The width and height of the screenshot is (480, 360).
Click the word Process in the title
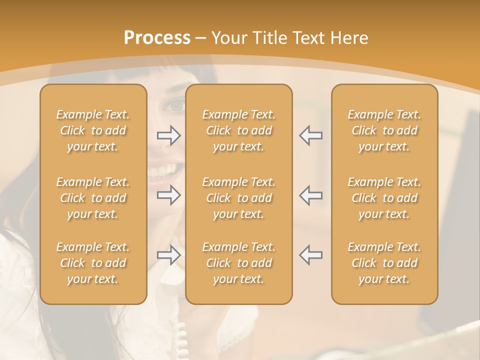[157, 38]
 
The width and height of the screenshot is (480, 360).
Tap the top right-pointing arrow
[169, 135]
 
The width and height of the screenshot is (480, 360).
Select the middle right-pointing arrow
[169, 195]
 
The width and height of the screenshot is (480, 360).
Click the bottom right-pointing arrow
[169, 255]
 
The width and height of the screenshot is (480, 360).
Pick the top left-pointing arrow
[310, 135]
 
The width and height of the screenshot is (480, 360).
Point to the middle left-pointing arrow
[310, 195]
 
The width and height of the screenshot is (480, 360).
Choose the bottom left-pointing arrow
[310, 255]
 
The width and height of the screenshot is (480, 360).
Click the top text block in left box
[93, 130]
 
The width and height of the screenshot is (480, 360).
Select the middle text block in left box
[93, 198]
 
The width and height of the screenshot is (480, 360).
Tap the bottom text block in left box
[93, 263]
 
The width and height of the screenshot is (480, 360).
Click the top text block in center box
[238, 130]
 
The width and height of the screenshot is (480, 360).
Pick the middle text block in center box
[238, 198]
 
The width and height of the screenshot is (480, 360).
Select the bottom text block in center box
[238, 263]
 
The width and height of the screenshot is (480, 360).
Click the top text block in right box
[384, 130]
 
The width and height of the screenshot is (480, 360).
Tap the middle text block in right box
[384, 198]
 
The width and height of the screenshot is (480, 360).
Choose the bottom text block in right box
[384, 263]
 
